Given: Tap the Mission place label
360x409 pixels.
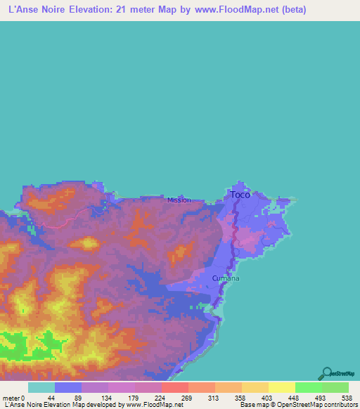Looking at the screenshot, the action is (179, 200).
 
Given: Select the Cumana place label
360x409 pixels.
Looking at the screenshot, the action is (226, 278).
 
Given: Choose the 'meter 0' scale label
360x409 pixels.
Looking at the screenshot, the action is (15, 378).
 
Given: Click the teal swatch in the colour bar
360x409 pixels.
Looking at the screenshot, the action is (41, 387).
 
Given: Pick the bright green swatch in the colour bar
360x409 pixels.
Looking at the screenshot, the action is (308, 387).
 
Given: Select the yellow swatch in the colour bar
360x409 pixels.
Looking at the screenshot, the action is (281, 387).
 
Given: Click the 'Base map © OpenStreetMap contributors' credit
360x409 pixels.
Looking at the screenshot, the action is (296, 405).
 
